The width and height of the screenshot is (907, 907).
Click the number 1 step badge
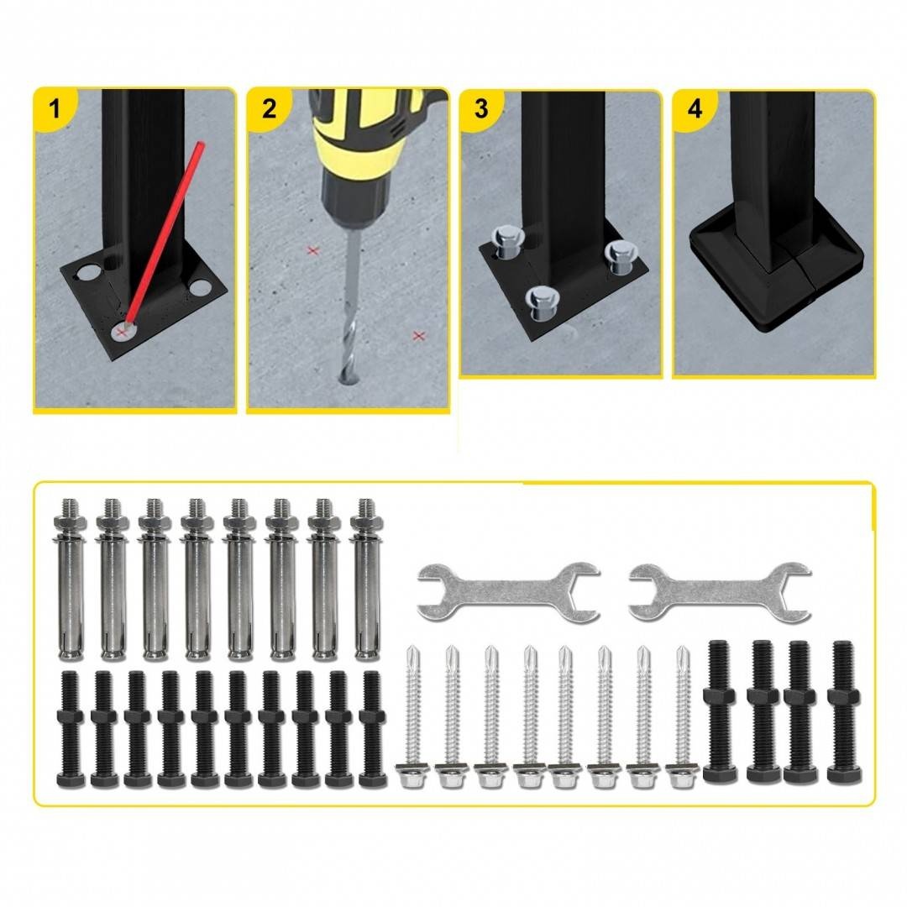pyautogui.click(x=54, y=108)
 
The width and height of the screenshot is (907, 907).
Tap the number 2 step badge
pyautogui.click(x=269, y=108)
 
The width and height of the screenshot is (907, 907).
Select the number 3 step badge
pyautogui.click(x=481, y=108)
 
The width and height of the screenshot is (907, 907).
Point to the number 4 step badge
pyautogui.click(x=695, y=108)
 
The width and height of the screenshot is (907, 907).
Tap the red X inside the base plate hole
pyautogui.click(x=121, y=332)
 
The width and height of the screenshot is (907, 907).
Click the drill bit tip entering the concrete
pyautogui.click(x=347, y=379)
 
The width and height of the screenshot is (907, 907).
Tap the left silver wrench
pyautogui.click(x=508, y=592)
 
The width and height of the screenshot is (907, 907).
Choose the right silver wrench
pyautogui.click(x=720, y=592)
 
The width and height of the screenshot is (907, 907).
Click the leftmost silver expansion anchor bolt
pyautogui.click(x=70, y=579)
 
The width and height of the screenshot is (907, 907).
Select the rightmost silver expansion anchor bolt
pyautogui.click(x=365, y=579)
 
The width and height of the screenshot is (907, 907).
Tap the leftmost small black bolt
pyautogui.click(x=71, y=729)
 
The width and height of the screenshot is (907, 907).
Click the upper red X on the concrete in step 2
pyautogui.click(x=313, y=251)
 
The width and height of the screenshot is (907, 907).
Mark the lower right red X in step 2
pyautogui.click(x=419, y=335)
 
